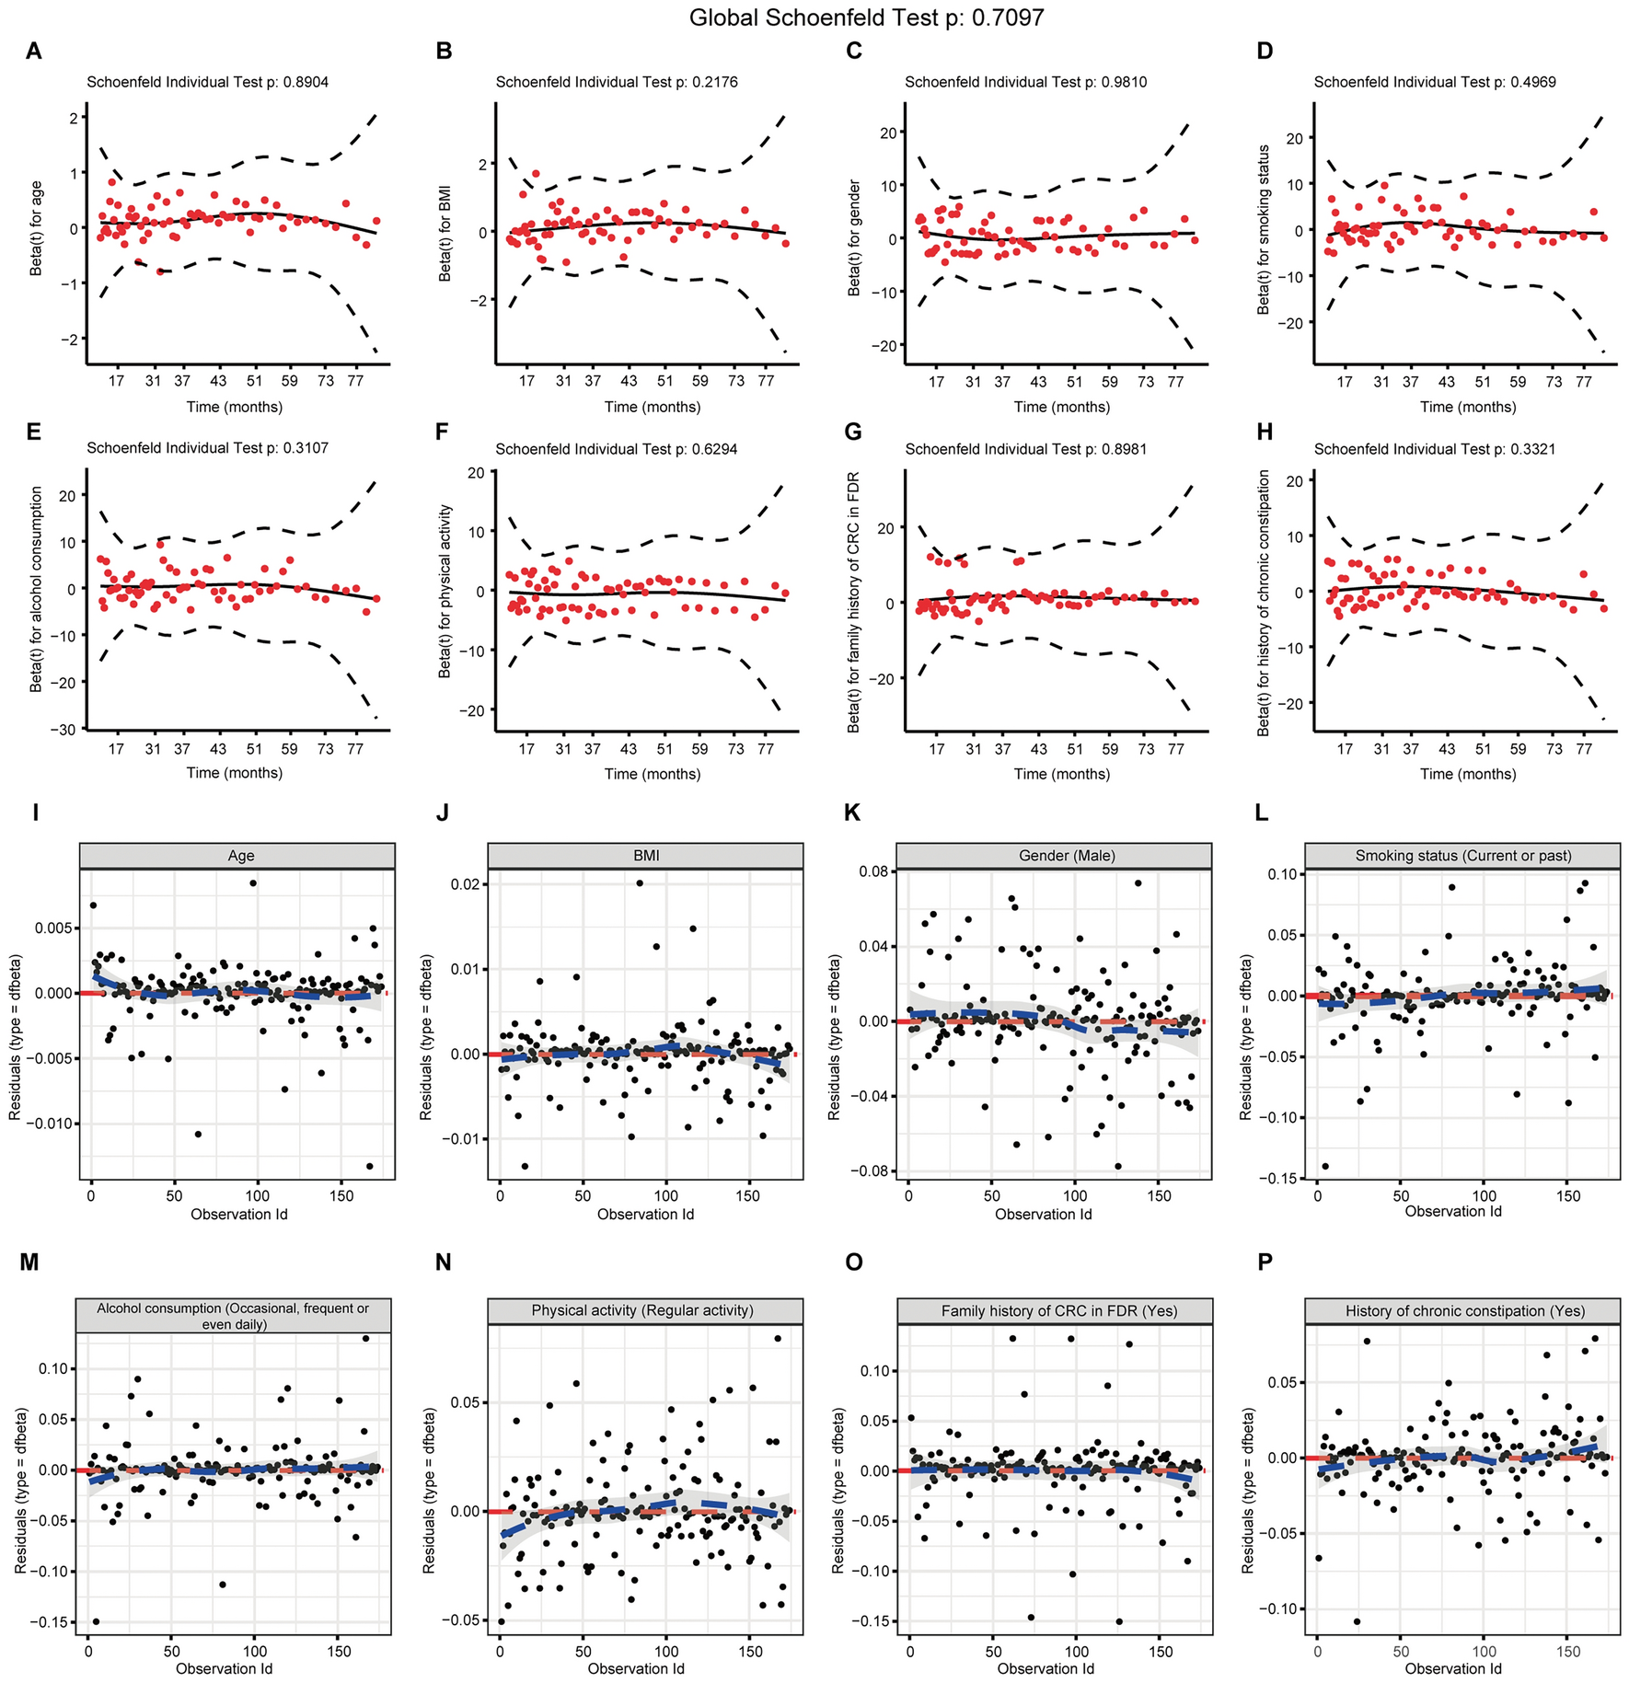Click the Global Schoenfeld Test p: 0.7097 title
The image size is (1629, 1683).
pos(866,17)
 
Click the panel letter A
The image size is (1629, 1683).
pos(34,51)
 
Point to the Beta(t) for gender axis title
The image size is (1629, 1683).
pos(854,237)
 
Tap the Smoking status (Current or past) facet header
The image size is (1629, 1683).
pos(1463,856)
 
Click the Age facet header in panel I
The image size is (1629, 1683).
pos(241,856)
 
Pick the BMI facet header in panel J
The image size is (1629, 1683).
pos(646,856)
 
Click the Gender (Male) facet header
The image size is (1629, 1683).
pos(1067,856)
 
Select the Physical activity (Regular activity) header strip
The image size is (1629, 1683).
pos(642,1310)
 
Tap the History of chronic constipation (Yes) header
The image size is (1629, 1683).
pos(1464,1311)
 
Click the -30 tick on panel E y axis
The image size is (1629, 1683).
pos(64,730)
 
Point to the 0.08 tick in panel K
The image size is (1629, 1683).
pos(872,871)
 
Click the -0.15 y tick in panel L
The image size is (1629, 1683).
pos(1278,1179)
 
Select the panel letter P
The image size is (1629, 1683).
pos(1265,1262)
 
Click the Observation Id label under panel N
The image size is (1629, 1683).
pos(636,1668)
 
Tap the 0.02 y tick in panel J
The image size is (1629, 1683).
pos(466,884)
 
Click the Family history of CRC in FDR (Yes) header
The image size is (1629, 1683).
pos(1058,1311)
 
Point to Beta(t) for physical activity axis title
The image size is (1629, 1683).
pos(445,591)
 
